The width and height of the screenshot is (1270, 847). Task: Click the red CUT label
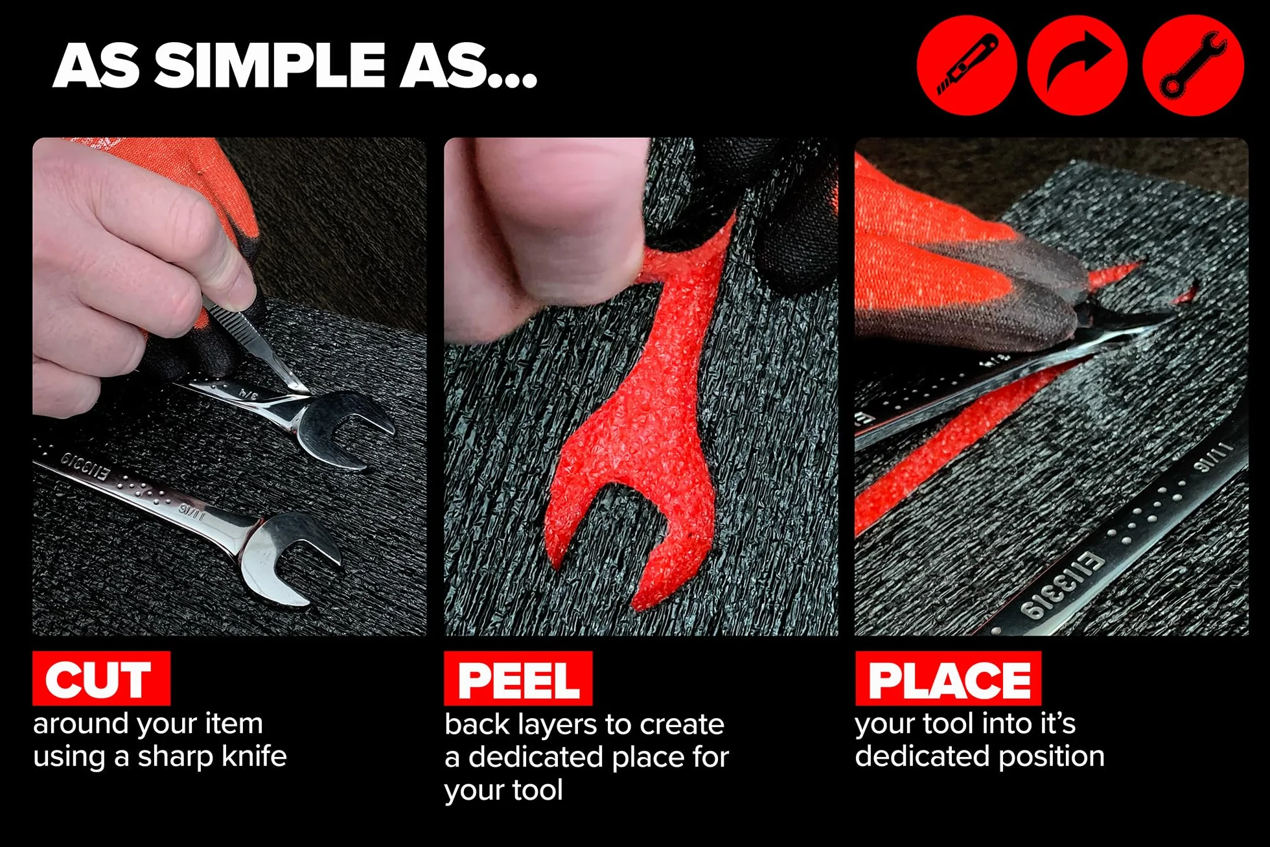pyautogui.click(x=102, y=679)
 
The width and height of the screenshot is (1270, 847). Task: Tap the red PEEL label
pyautogui.click(x=518, y=679)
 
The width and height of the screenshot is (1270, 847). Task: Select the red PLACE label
pyautogui.click(x=949, y=679)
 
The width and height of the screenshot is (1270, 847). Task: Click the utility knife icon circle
pyautogui.click(x=967, y=65)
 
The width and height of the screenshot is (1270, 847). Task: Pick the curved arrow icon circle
pyautogui.click(x=1078, y=65)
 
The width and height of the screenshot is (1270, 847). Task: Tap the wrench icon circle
pyautogui.click(x=1193, y=65)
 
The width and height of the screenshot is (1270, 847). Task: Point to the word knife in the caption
pyautogui.click(x=254, y=756)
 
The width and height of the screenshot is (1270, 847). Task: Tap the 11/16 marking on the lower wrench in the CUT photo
pyautogui.click(x=192, y=512)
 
